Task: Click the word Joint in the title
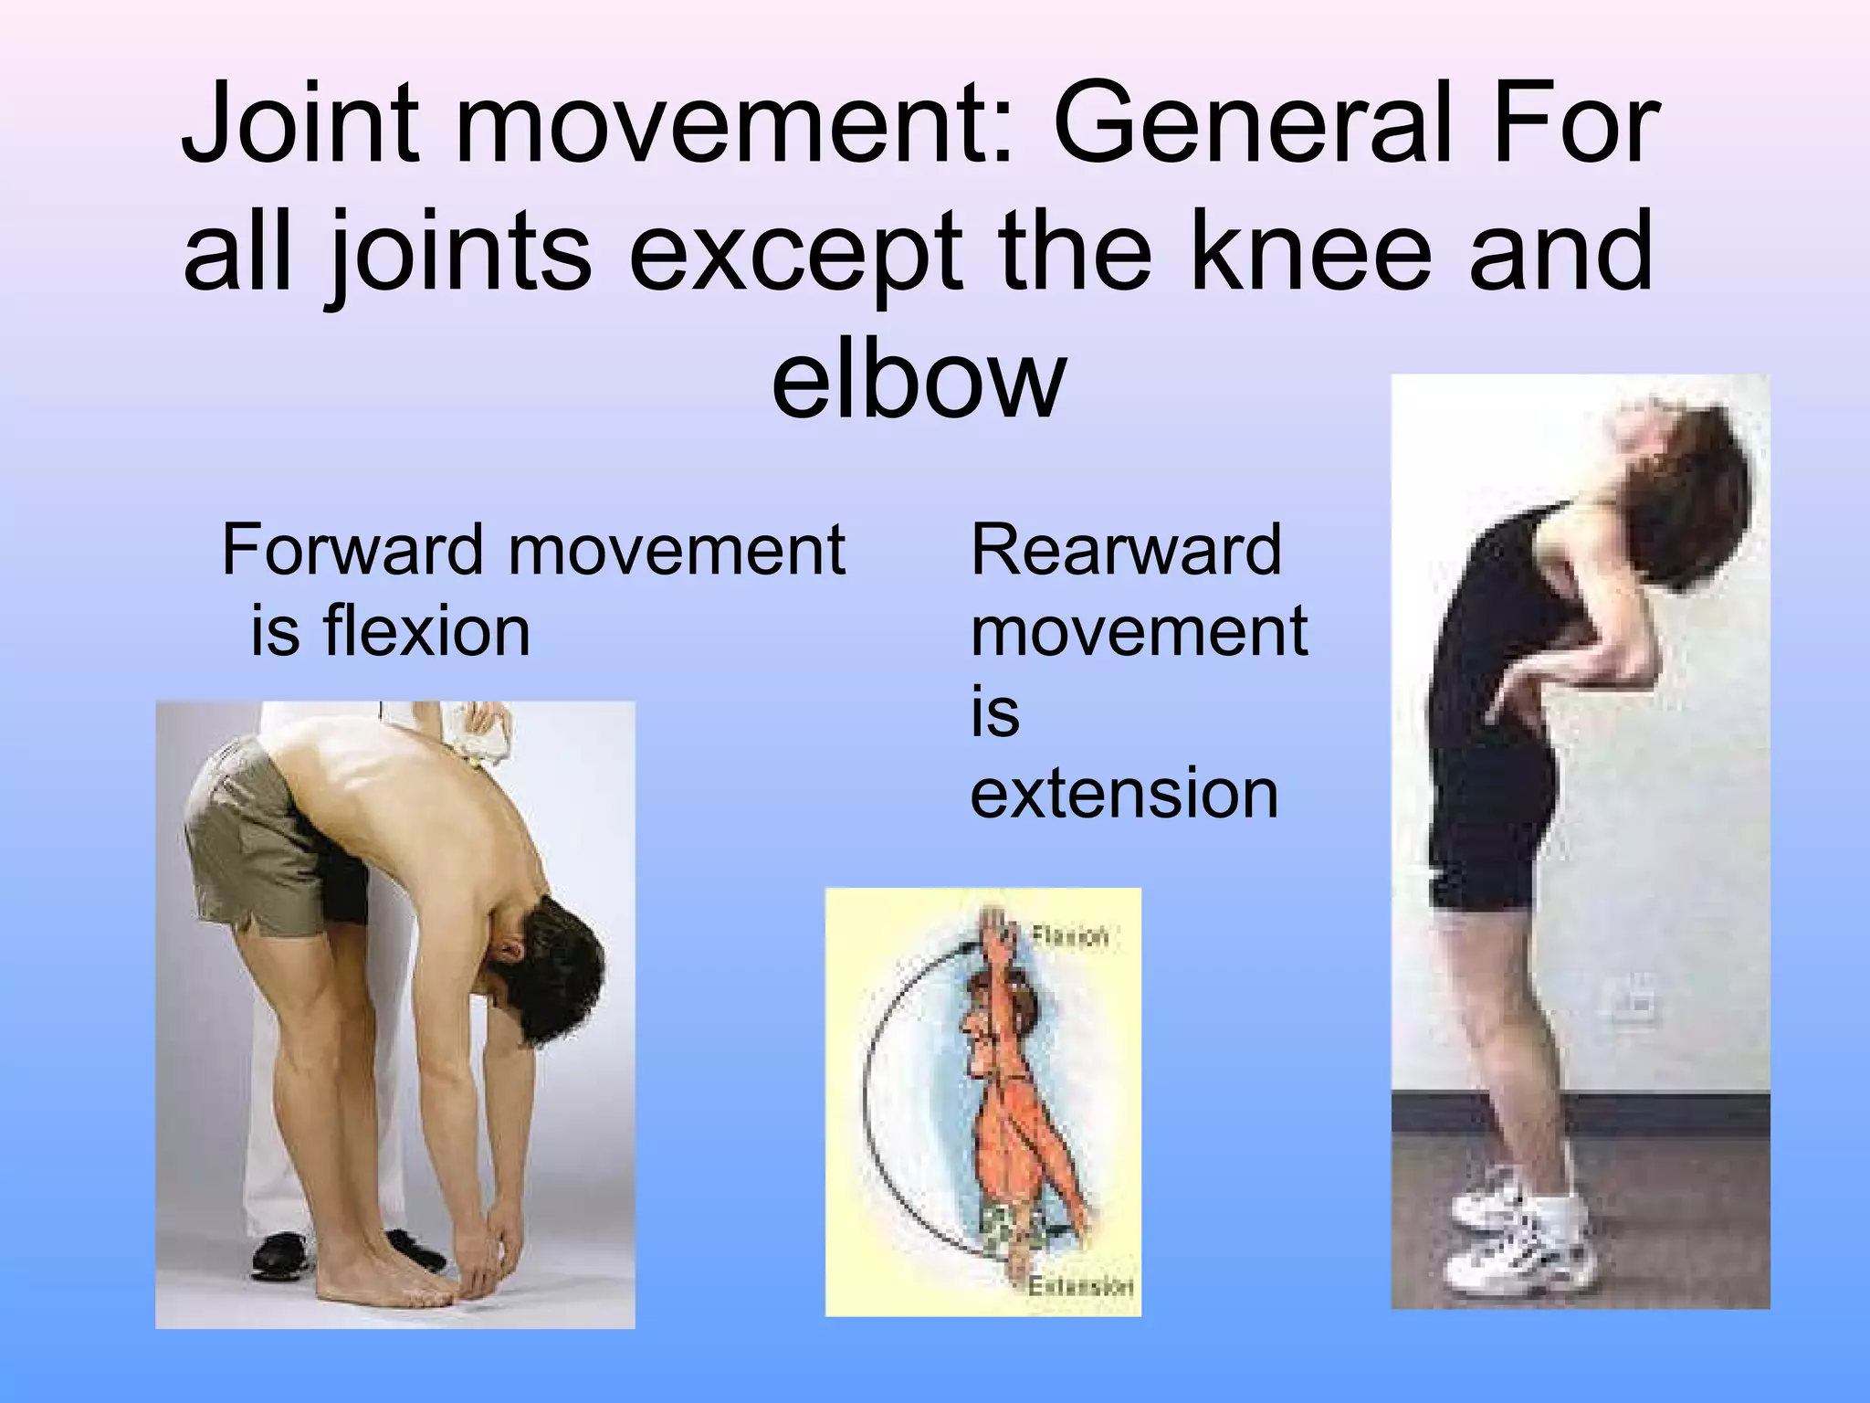tap(301, 128)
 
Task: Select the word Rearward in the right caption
tap(1125, 550)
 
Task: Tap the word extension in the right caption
tap(1123, 793)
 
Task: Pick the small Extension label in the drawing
tap(1080, 1286)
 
